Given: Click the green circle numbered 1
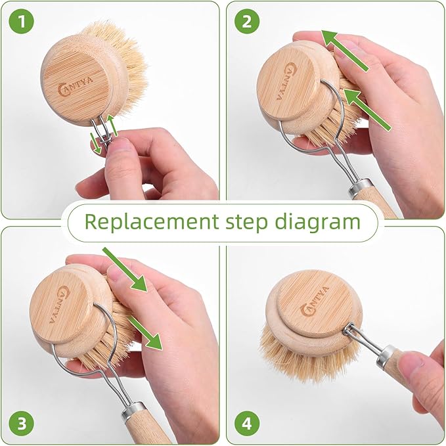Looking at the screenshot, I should (22, 22).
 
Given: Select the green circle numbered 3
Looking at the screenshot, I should (22, 424).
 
